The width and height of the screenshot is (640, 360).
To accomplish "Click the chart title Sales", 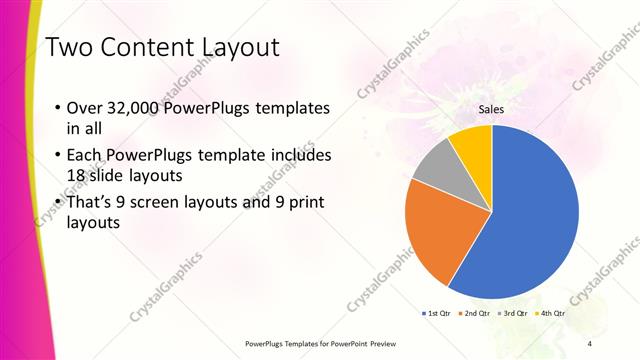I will [490, 110].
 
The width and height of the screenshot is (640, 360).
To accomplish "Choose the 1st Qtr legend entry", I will [437, 313].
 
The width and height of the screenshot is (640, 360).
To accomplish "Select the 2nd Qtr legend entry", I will [474, 313].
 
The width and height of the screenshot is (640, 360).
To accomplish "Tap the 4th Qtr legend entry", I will [551, 313].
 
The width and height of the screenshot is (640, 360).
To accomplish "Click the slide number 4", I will [589, 343].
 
